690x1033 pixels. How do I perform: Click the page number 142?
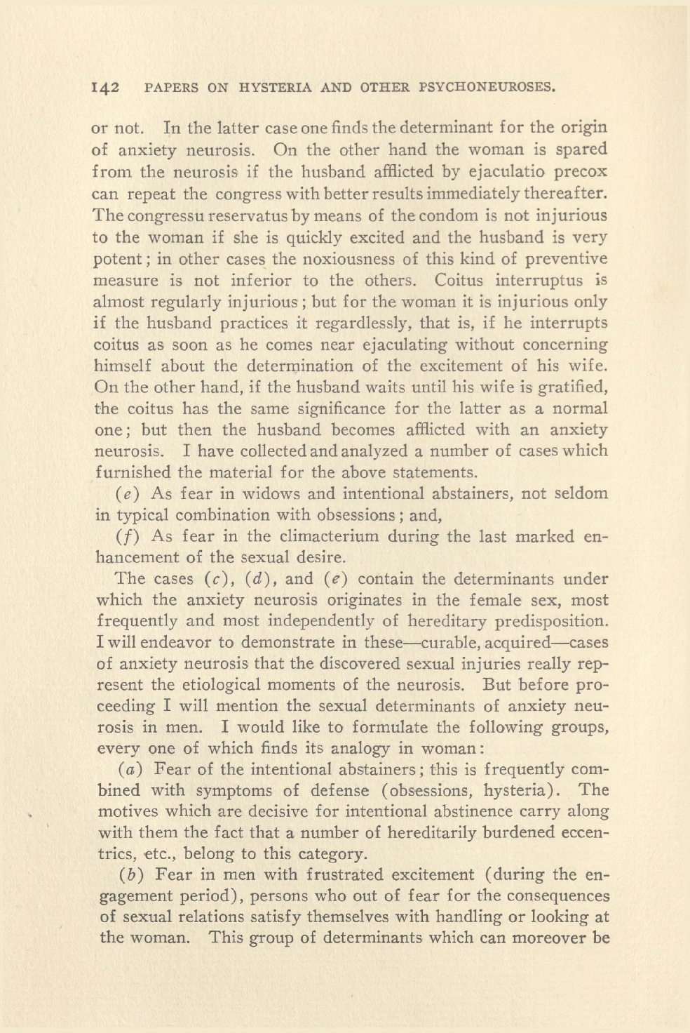coord(106,88)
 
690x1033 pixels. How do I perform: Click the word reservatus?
coord(210,215)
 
